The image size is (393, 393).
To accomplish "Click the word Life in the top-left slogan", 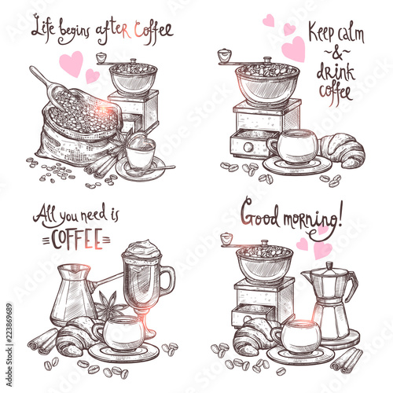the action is (43, 28).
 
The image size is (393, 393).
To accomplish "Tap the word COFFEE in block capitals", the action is (76, 239).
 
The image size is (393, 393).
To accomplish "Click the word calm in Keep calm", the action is (351, 34).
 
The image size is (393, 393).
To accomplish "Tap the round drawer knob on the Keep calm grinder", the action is (248, 147).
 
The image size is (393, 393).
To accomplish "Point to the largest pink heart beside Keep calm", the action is (294, 49).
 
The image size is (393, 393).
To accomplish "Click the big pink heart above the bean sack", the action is (71, 64).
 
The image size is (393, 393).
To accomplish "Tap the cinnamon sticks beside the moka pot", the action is (347, 360).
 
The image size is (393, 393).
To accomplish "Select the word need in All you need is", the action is (94, 215).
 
